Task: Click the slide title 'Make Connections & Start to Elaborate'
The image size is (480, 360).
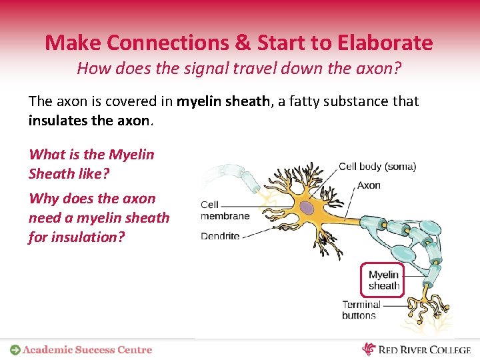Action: [x=239, y=43]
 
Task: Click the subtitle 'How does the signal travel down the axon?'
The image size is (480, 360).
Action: [x=239, y=68]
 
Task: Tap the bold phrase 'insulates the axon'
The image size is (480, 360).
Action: [x=89, y=121]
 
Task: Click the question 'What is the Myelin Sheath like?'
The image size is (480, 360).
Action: [x=91, y=163]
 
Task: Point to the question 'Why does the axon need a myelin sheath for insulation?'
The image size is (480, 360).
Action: [x=99, y=217]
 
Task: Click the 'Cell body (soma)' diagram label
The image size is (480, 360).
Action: [x=377, y=167]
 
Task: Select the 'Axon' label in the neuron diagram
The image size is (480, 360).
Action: [x=369, y=185]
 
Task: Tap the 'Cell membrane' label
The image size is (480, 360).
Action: [x=225, y=211]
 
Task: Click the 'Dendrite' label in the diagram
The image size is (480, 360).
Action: [x=220, y=236]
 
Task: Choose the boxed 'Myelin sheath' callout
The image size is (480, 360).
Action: [x=383, y=280]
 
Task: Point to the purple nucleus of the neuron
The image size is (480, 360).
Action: [x=306, y=209]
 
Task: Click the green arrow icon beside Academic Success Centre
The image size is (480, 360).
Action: [x=15, y=349]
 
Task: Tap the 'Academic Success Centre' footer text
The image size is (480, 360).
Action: [x=87, y=349]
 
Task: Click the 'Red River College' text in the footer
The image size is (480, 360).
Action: [x=425, y=349]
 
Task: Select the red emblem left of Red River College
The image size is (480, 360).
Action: [x=369, y=349]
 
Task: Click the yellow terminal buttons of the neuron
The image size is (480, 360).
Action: [x=427, y=307]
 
